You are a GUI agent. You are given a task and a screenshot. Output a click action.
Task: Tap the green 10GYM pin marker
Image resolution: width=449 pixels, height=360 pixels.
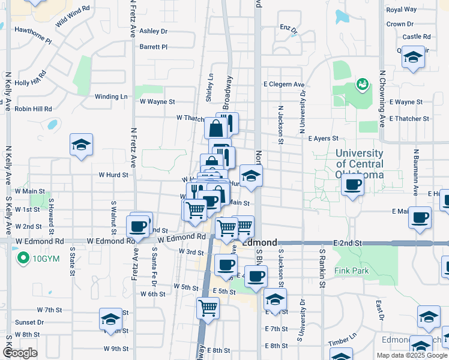pos(23,259)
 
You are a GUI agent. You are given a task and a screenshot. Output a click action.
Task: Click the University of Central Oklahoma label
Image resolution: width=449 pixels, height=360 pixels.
pos(360,164)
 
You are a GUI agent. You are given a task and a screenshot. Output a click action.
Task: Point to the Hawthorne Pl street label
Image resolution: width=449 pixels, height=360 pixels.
pos(33,34)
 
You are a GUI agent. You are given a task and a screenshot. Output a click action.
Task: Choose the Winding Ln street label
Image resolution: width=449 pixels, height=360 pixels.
pos(111,96)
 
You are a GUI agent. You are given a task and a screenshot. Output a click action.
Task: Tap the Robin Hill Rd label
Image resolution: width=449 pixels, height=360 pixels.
pos(34,109)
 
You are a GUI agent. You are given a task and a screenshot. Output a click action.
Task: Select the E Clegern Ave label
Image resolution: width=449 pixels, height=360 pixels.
pos(284,85)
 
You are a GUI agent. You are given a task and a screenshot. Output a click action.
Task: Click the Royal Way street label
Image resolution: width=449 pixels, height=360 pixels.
pos(402,10)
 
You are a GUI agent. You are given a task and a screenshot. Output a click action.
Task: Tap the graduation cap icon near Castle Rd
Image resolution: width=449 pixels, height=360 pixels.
pos(412,58)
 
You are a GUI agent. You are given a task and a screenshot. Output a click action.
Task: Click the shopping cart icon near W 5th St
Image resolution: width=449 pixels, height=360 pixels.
pos(208,308)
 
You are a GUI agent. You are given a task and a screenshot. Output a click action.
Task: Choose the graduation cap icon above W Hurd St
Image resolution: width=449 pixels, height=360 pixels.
pos(81,145)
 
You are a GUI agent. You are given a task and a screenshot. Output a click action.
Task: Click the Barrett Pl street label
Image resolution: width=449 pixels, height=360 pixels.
pos(153,46)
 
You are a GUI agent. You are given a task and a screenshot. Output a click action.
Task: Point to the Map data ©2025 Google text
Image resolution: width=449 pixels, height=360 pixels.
pos(411,355)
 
